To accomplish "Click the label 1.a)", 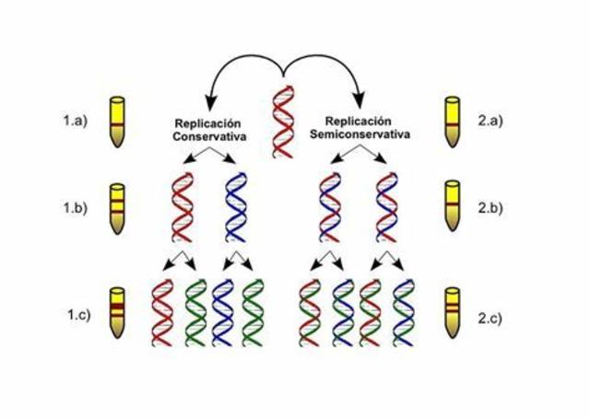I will click(75, 120).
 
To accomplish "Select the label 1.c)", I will click(75, 314).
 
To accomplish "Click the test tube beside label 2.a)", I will click(453, 121).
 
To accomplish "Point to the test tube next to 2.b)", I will click(453, 207).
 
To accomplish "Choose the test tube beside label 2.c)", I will click(453, 312).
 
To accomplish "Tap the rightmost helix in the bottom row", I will click(404, 312).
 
